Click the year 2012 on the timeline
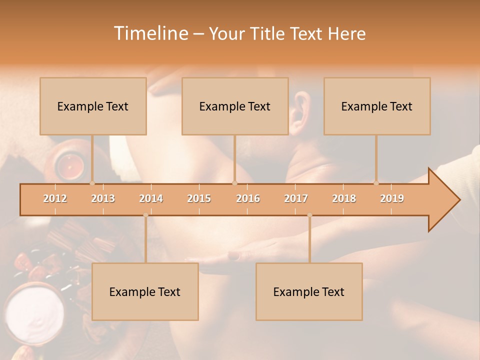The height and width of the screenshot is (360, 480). click(55, 198)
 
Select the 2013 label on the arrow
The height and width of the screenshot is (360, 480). click(103, 198)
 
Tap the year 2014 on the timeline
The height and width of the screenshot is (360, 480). click(151, 198)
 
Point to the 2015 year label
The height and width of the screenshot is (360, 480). click(199, 198)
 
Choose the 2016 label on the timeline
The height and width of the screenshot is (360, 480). click(248, 198)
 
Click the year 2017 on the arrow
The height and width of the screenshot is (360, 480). click(296, 198)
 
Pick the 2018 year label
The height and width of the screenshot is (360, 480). click(344, 198)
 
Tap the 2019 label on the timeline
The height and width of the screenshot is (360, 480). click(392, 198)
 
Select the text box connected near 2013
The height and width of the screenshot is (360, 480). click(93, 106)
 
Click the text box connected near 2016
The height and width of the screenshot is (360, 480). click(235, 106)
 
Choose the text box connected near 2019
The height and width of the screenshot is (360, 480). click(377, 106)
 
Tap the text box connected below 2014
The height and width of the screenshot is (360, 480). click(145, 291)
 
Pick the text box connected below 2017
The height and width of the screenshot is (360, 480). click(309, 291)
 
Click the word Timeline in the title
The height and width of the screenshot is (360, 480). click(149, 33)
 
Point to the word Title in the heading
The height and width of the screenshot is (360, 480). click(270, 34)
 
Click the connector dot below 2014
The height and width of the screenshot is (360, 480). click(145, 215)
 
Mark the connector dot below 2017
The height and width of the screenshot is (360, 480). click(309, 215)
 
